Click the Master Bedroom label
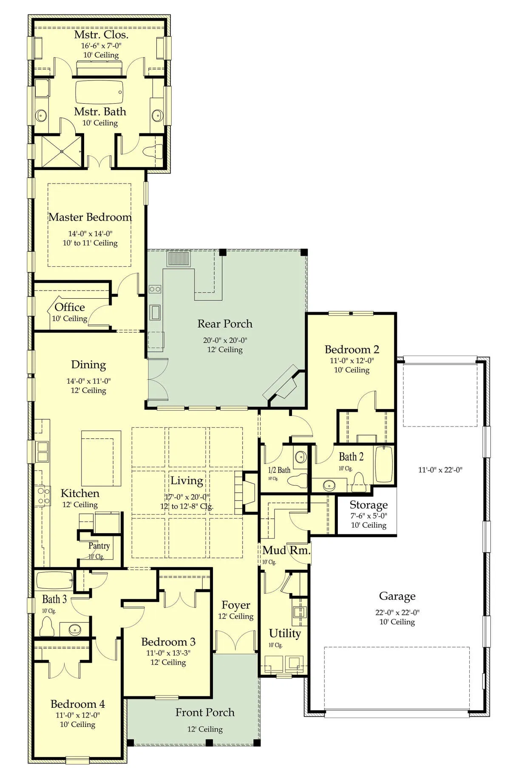(90, 217)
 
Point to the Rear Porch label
(225, 324)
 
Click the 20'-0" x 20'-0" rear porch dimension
(225, 340)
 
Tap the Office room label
(70, 307)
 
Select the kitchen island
(101, 458)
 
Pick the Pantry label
(99, 546)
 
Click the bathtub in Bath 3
(55, 580)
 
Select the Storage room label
(368, 505)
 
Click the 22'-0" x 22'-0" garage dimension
(397, 613)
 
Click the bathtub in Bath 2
(384, 464)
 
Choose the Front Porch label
(205, 712)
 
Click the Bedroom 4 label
(78, 704)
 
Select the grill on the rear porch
(178, 258)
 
